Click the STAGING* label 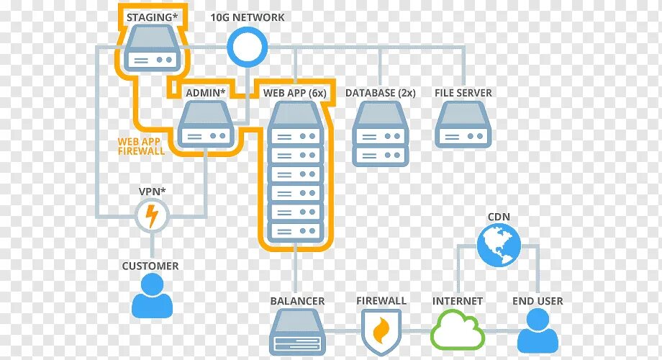point(152,16)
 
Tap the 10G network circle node point(248,47)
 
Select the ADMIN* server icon point(206,124)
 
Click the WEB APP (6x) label point(294,93)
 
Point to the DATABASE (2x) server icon point(381,133)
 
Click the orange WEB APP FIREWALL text point(142,146)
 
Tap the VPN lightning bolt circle point(152,215)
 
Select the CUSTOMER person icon point(152,296)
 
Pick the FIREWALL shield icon point(381,330)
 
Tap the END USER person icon point(538,330)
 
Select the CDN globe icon point(498,246)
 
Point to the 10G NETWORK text point(248,17)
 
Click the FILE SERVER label point(463,93)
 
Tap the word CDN point(499,216)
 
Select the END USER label point(538,301)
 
